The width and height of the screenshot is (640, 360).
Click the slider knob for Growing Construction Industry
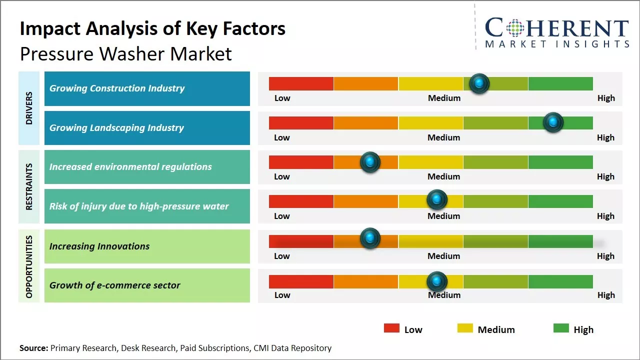(479, 83)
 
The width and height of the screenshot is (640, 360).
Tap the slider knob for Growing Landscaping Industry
(553, 122)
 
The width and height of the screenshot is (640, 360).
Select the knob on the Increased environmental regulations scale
(370, 162)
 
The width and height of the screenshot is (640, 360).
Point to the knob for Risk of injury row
(437, 200)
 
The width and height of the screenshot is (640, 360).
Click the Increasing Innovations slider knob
(370, 238)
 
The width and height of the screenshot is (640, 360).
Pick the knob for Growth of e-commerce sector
(437, 281)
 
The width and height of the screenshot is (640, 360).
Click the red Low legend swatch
(391, 328)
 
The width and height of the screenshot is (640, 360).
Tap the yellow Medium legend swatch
(465, 328)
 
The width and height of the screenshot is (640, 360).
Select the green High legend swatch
(561, 328)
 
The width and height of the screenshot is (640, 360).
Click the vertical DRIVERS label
(29, 108)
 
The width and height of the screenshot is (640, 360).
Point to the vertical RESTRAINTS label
(29, 186)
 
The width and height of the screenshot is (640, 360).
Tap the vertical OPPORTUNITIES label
(29, 266)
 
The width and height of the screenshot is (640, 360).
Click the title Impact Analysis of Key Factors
(152, 28)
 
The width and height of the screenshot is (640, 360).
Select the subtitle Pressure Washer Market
(125, 53)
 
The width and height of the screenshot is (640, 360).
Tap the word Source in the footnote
(33, 348)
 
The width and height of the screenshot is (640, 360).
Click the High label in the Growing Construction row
(606, 98)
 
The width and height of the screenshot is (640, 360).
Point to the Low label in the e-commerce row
(282, 295)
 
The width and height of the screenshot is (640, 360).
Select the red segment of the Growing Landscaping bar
(301, 122)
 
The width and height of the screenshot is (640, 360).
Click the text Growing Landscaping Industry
(116, 128)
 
